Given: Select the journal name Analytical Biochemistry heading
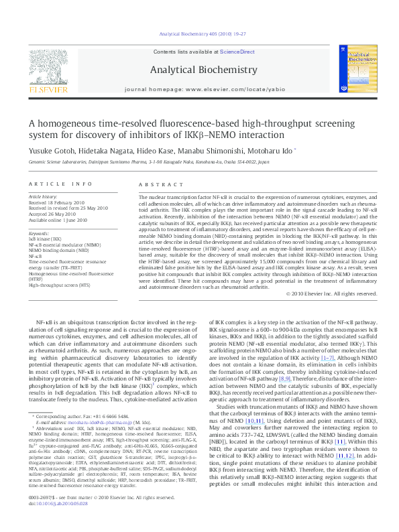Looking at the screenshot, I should tap(203, 70).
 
